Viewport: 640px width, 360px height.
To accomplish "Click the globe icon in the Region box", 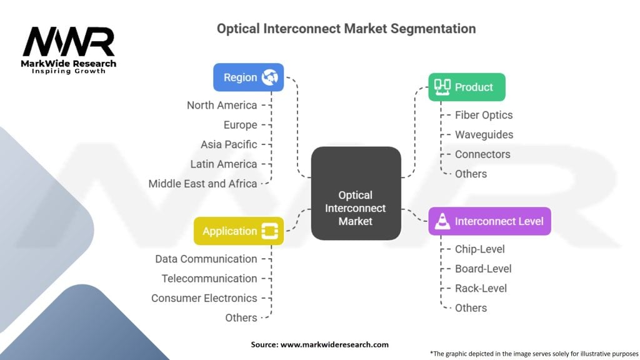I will tap(270, 77).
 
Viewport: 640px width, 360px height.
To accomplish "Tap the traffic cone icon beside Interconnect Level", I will tap(442, 221).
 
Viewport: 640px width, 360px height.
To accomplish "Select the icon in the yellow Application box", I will tap(270, 231).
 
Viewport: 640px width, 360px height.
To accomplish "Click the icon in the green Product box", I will tap(442, 87).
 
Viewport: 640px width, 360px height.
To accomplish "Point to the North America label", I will tap(222, 105).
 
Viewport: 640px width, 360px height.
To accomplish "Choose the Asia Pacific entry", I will tap(229, 144).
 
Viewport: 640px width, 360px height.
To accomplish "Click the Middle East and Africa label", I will tap(202, 184).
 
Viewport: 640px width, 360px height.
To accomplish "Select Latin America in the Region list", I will tap(224, 164).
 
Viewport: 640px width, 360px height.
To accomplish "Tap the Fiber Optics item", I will tap(483, 115).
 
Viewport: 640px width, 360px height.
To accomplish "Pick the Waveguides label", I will tap(484, 134).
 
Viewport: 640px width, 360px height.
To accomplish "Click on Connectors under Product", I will tap(482, 154).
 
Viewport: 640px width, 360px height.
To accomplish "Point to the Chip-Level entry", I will tap(479, 249).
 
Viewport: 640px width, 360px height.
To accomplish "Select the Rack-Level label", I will tap(481, 288).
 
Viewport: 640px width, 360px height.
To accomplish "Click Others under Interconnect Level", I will tap(471, 307).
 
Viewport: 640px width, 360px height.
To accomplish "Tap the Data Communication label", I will tap(206, 259).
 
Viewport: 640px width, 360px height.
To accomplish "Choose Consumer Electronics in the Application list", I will tap(204, 298).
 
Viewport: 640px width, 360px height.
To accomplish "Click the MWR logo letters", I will tap(69, 42).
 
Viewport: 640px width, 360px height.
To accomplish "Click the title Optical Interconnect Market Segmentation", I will tap(346, 29).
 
